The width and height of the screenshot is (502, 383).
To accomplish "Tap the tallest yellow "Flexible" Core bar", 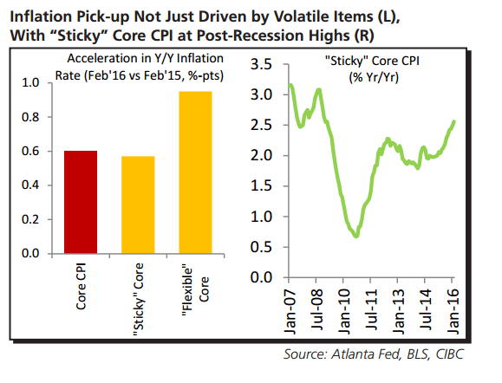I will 196,172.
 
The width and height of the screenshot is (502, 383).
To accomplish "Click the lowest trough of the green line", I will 355,236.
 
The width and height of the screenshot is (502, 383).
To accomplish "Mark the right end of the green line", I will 455,122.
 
